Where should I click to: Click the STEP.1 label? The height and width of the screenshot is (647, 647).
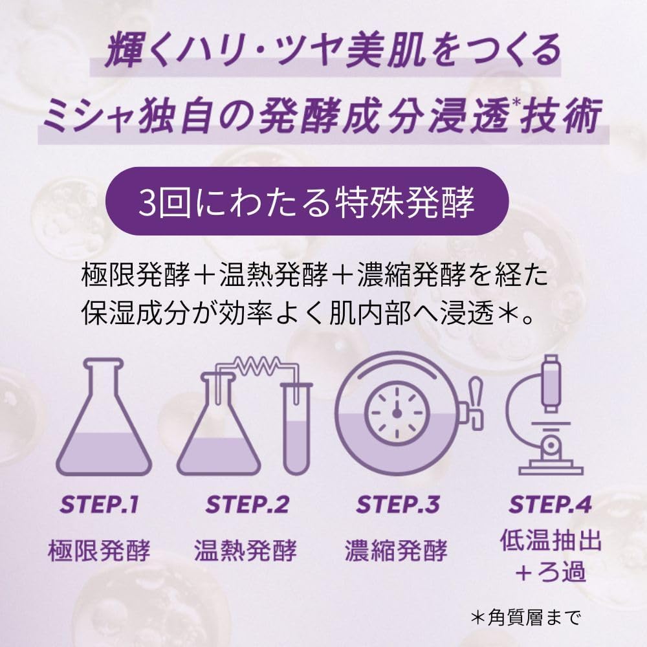click(x=99, y=504)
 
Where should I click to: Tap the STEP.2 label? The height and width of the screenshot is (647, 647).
click(x=247, y=504)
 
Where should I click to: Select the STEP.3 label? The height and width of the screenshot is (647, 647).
click(x=398, y=504)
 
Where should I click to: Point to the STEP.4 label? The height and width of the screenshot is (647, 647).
click(x=550, y=504)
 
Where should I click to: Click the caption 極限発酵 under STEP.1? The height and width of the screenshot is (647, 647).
click(x=99, y=551)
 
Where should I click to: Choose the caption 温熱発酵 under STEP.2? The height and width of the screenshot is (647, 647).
click(x=247, y=551)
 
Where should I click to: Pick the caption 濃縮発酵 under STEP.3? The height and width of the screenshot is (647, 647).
click(x=397, y=551)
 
